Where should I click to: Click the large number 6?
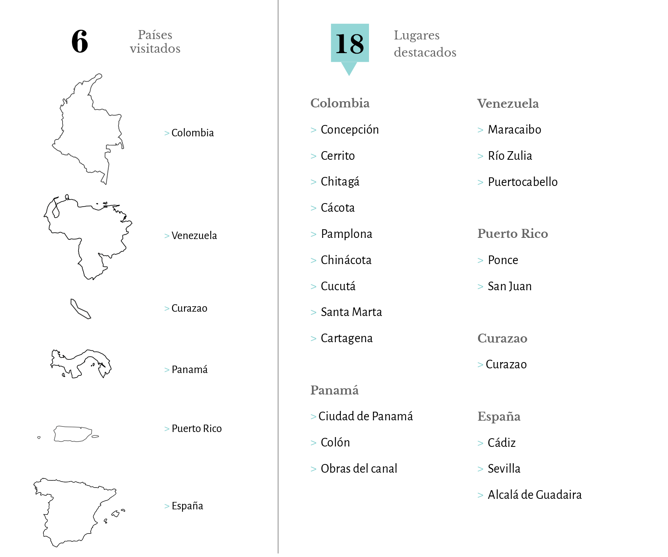(x=80, y=41)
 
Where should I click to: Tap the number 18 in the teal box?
(x=349, y=43)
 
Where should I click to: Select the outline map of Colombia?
(x=88, y=129)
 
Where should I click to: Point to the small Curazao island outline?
(x=80, y=309)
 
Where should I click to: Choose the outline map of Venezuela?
(x=88, y=234)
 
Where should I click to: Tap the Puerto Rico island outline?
(x=73, y=434)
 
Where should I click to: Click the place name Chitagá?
(x=340, y=182)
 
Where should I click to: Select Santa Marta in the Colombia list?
(x=351, y=312)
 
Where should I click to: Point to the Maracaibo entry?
(x=514, y=130)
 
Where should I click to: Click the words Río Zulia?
(x=510, y=156)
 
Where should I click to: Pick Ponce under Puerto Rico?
(x=503, y=260)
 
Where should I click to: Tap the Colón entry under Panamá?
(x=335, y=443)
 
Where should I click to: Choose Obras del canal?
(x=358, y=469)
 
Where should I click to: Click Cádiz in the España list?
(x=501, y=443)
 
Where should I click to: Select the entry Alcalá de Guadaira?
(x=534, y=495)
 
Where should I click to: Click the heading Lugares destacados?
(x=424, y=44)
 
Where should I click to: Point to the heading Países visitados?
(x=155, y=42)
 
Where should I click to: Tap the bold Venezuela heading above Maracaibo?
(x=508, y=104)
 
